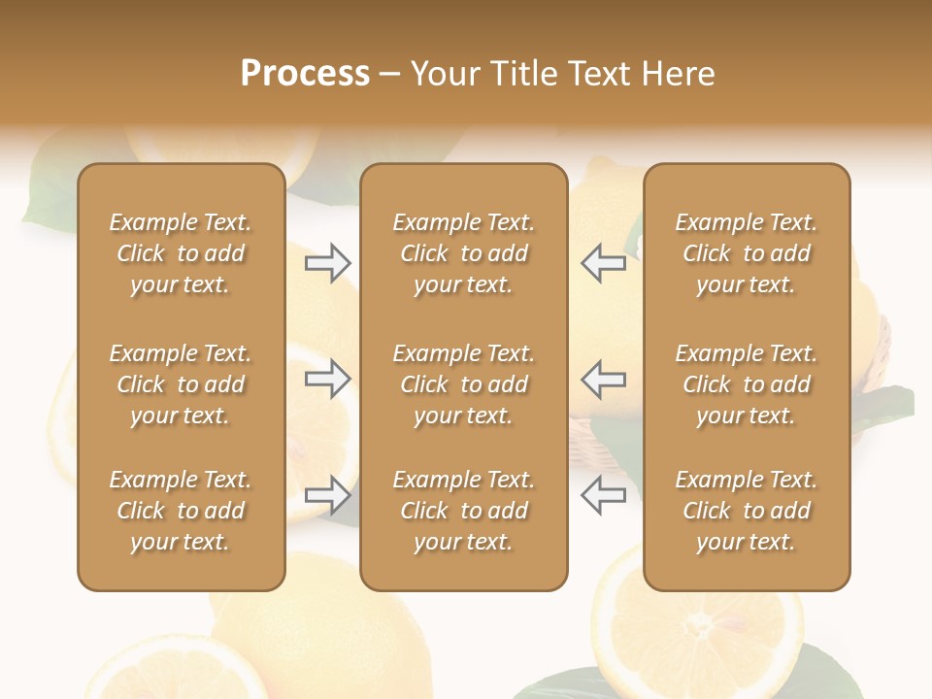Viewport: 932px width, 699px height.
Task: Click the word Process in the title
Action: coord(305,74)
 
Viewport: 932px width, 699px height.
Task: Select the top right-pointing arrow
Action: coord(328,262)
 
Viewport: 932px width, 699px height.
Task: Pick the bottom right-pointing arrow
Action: coord(328,494)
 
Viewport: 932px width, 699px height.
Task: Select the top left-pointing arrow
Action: coord(603,262)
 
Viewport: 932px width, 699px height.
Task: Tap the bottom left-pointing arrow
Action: coord(603,494)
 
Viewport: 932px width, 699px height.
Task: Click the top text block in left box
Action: coord(181,253)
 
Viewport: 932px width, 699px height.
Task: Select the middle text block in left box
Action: coord(181,384)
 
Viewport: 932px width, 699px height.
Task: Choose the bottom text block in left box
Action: coord(181,511)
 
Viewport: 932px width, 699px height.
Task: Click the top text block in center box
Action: coord(463,253)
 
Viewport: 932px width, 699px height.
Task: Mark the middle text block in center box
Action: coord(463,384)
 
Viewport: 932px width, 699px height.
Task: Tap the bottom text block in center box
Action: coord(463,511)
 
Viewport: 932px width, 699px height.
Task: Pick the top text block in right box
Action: coord(746,253)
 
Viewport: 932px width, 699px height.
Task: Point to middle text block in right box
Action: coord(746,384)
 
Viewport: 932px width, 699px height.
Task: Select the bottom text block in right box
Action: coord(746,511)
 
